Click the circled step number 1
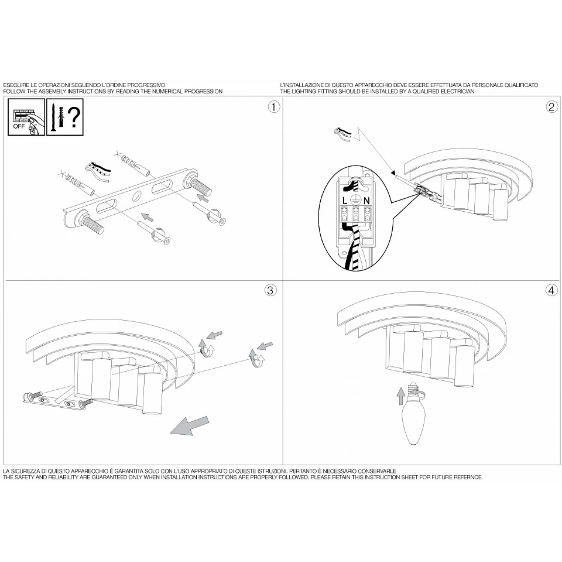pos(274,107)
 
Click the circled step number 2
pos(551,107)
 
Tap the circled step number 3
pos(271,290)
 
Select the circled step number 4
pos(552,290)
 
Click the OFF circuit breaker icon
pos(26,117)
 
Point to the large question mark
pos(75,117)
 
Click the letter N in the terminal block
pos(366,201)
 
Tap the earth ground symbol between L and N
pos(356,200)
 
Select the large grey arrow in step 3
pos(189,426)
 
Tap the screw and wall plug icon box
pos(65,117)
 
